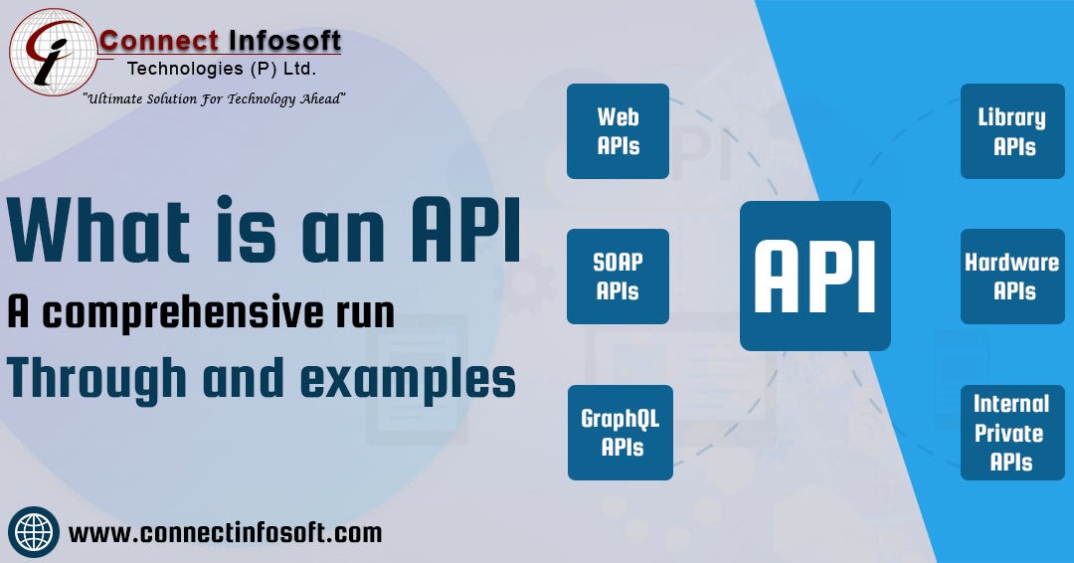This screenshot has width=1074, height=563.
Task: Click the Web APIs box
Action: tap(618, 131)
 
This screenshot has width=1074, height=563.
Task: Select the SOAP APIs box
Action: tap(618, 277)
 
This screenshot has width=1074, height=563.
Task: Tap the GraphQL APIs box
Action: tap(620, 433)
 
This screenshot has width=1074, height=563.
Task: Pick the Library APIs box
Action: tap(1012, 131)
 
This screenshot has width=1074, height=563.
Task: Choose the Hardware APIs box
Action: tap(1012, 277)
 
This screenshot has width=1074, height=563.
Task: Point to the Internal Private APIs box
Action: tap(1012, 433)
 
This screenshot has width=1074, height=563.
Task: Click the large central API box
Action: tap(814, 276)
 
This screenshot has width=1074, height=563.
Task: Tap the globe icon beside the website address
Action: tap(34, 532)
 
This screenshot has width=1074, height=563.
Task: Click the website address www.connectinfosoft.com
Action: tap(225, 532)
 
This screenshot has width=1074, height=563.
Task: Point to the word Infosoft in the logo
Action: tap(286, 41)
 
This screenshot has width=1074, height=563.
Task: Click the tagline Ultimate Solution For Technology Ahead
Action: tap(214, 97)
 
